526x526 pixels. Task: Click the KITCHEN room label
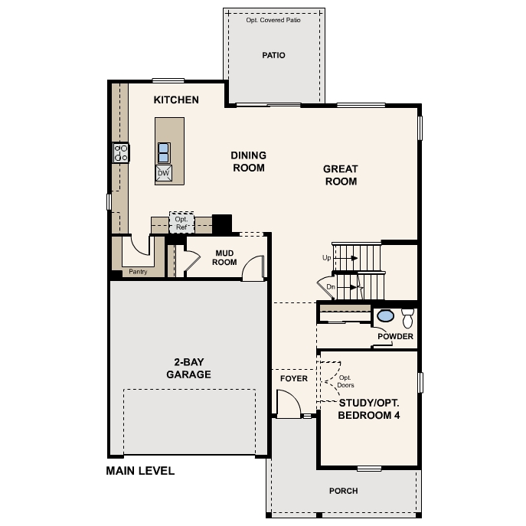tap(176, 100)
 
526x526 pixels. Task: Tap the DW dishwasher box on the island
tap(163, 173)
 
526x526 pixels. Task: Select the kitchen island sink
tap(164, 152)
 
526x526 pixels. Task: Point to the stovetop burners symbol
tap(121, 152)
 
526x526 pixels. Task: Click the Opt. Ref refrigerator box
tap(181, 223)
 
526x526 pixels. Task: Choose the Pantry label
tap(138, 271)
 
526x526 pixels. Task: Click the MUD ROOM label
tap(225, 257)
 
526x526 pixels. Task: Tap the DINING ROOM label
tap(248, 162)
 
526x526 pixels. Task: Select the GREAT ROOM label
tap(341, 175)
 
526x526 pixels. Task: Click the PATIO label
tap(273, 55)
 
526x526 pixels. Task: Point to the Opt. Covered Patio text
tap(273, 20)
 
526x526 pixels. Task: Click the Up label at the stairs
tap(327, 258)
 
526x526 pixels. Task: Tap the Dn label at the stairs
tap(330, 287)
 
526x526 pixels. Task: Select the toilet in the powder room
tap(407, 317)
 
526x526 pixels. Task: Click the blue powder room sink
tap(386, 315)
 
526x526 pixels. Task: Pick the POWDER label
tap(395, 337)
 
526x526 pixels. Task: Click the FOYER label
tap(293, 379)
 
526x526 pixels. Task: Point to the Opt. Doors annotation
tap(346, 381)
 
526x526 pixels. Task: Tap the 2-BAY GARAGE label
tap(188, 369)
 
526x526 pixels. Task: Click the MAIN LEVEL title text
tap(140, 471)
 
